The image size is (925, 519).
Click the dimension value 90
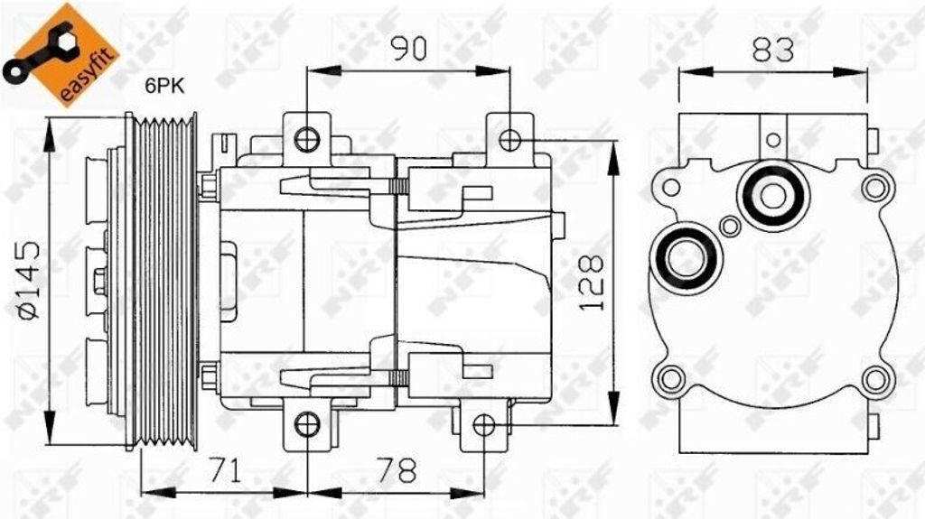point(409,49)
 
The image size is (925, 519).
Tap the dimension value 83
point(773,50)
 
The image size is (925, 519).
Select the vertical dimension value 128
point(591,283)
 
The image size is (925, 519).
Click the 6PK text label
point(165,86)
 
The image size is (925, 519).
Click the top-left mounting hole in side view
point(307,139)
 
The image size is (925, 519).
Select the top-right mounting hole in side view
point(509,140)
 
